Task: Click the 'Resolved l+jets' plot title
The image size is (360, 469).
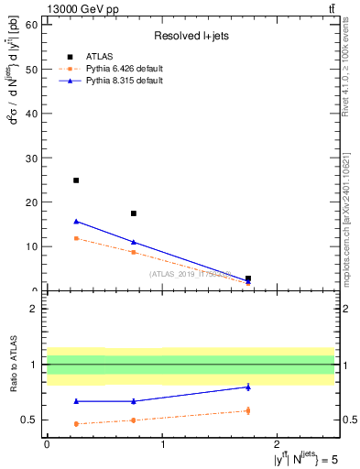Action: [x=191, y=36]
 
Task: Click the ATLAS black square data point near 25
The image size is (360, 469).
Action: [x=76, y=180]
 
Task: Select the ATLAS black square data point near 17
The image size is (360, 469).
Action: [x=134, y=213]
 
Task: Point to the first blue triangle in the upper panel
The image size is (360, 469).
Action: [x=76, y=221]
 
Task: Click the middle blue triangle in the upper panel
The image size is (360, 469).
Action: [x=134, y=242]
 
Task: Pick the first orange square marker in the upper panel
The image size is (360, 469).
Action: [x=76, y=238]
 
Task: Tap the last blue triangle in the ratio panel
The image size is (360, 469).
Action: [x=248, y=387]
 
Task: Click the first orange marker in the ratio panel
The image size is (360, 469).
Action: [x=76, y=423]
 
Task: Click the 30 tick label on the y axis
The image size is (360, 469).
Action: [x=35, y=158]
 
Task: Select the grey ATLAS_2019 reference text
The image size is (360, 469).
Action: [x=191, y=274]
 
